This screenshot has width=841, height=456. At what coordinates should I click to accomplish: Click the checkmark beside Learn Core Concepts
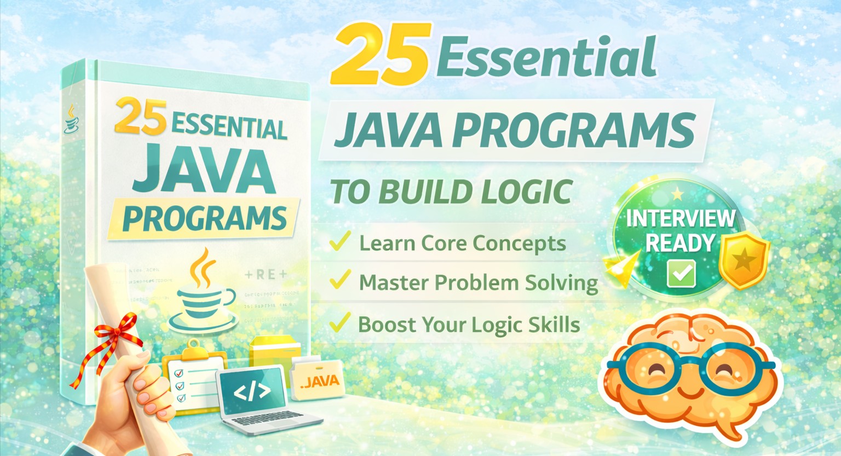[x=340, y=241]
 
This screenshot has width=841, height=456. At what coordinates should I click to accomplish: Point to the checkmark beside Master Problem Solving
[x=340, y=280]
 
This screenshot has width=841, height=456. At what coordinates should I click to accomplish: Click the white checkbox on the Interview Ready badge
[x=681, y=273]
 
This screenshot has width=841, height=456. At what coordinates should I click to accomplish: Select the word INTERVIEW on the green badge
[x=681, y=218]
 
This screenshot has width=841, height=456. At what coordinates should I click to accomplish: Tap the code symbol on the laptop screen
[x=252, y=391]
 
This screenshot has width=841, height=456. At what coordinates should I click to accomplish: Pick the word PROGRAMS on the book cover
[x=204, y=218]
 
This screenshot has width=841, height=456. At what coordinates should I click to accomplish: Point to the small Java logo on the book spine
[x=71, y=120]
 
